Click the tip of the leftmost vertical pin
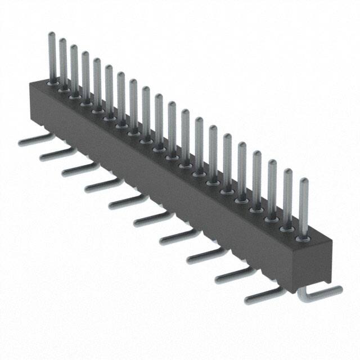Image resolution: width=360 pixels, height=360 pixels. (51, 34)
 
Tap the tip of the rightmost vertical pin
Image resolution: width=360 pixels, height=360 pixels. (304, 181)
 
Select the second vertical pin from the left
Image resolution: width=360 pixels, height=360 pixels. (63, 62)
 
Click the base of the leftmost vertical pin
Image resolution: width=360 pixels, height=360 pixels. (52, 82)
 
